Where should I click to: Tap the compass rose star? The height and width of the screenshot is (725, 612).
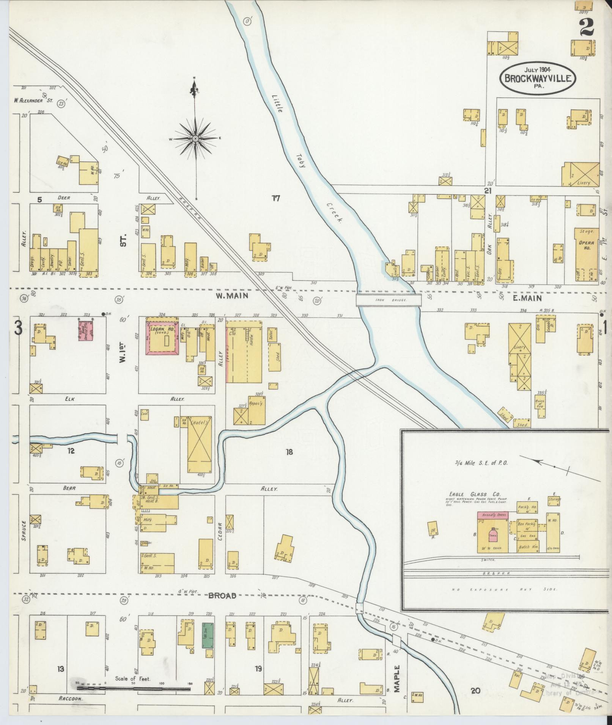pyautogui.click(x=195, y=139)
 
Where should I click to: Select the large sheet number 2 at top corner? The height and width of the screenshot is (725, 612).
pyautogui.click(x=586, y=27)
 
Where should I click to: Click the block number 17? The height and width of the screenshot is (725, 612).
pyautogui.click(x=276, y=198)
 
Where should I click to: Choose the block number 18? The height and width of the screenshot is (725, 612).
pyautogui.click(x=289, y=452)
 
